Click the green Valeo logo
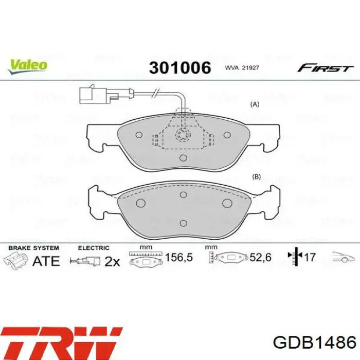(28, 66)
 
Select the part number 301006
(180, 68)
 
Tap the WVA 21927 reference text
(242, 68)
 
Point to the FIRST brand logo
(326, 68)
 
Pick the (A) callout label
(255, 104)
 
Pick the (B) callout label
(256, 176)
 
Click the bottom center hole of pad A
(183, 158)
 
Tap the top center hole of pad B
(183, 195)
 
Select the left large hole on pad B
(141, 203)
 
